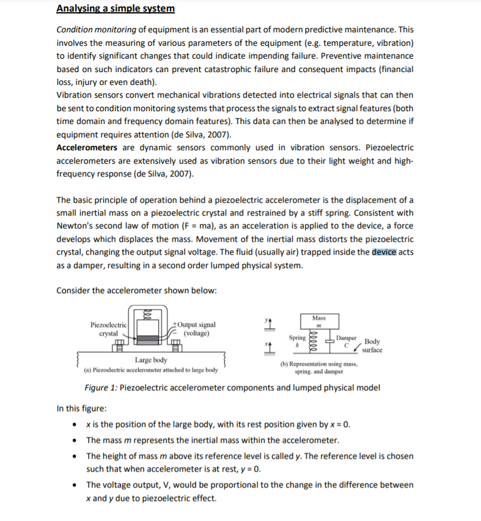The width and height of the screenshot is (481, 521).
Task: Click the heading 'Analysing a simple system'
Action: click(x=116, y=9)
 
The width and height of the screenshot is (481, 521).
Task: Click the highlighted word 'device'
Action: click(x=384, y=252)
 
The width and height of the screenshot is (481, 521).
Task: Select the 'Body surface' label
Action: click(x=372, y=346)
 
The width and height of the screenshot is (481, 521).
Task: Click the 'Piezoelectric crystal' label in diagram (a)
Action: click(x=108, y=329)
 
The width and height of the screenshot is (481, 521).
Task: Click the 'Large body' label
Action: click(x=151, y=360)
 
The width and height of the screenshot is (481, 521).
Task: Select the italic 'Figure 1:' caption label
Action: click(x=101, y=388)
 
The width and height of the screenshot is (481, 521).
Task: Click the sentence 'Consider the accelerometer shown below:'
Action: click(x=136, y=290)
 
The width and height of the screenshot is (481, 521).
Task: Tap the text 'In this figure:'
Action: click(x=82, y=409)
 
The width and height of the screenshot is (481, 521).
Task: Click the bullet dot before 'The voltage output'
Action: click(x=74, y=485)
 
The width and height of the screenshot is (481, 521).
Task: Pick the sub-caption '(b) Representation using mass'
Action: click(x=319, y=364)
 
